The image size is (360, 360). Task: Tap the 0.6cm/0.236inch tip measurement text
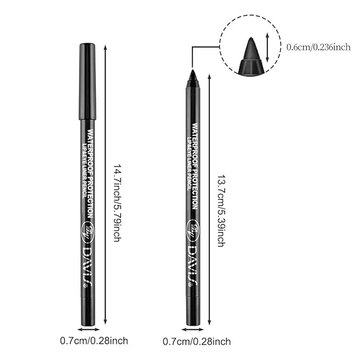(318, 47)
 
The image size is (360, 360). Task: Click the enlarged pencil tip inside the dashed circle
(251, 50)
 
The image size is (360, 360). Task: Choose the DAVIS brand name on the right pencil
(192, 265)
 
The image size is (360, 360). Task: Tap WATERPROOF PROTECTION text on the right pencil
(195, 166)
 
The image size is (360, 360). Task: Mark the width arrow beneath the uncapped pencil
(192, 329)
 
